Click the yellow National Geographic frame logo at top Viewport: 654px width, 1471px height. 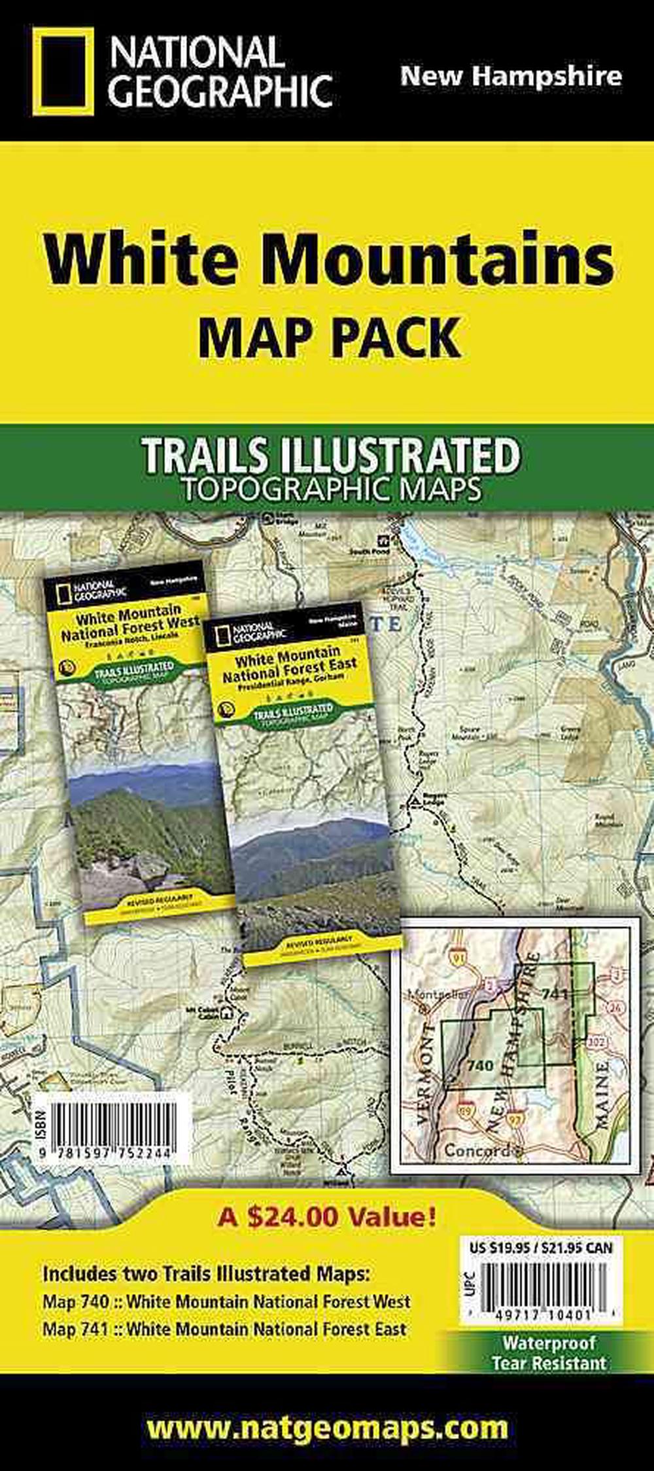click(63, 71)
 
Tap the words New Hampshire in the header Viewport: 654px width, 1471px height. click(511, 76)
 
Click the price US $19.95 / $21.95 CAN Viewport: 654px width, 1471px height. click(541, 1248)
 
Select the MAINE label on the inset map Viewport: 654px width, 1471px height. click(600, 1094)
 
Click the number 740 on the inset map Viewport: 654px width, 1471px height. click(480, 1065)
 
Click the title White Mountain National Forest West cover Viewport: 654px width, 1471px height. click(129, 626)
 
